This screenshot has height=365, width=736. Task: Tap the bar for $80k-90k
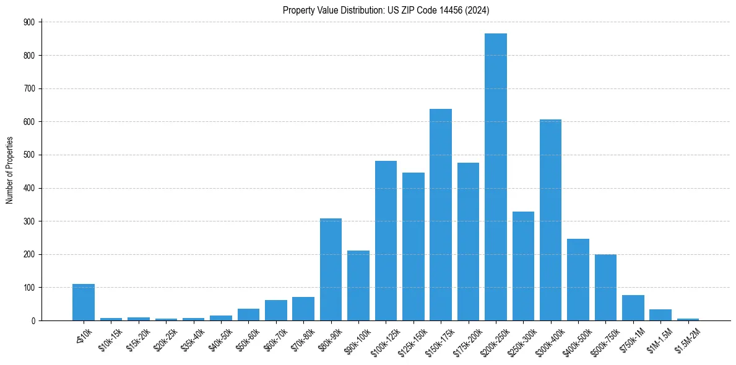331,270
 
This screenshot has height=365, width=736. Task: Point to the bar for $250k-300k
523,266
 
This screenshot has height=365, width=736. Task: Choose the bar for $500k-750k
605,288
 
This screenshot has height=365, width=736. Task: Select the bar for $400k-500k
578,280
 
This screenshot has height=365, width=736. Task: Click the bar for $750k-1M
633,308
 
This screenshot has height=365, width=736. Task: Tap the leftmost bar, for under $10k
84,303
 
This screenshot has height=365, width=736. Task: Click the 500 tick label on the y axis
30,155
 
